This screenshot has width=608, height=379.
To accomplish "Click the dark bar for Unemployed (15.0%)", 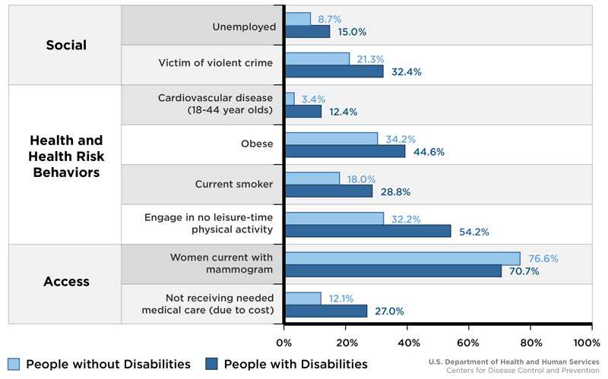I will click(307, 32).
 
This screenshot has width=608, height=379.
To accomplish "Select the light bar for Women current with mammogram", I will click(402, 258).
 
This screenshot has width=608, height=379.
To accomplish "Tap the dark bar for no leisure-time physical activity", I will click(367, 231).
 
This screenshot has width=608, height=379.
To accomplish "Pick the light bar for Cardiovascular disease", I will click(290, 99).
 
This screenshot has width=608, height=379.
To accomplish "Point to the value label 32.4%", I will click(406, 72).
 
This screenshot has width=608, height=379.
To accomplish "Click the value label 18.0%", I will click(361, 178).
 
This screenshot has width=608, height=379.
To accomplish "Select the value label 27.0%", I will click(388, 311).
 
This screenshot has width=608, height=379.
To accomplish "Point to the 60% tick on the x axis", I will click(469, 341).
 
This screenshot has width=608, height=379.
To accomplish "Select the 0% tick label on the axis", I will click(284, 341).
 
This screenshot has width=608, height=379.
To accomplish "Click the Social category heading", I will click(65, 45).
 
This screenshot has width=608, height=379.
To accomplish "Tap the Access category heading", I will click(66, 282).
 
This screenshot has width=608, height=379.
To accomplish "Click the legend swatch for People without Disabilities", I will click(14, 364).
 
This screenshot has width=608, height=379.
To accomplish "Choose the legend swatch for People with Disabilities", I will click(212, 364).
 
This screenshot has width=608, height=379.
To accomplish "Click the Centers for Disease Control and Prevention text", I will click(523, 370).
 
